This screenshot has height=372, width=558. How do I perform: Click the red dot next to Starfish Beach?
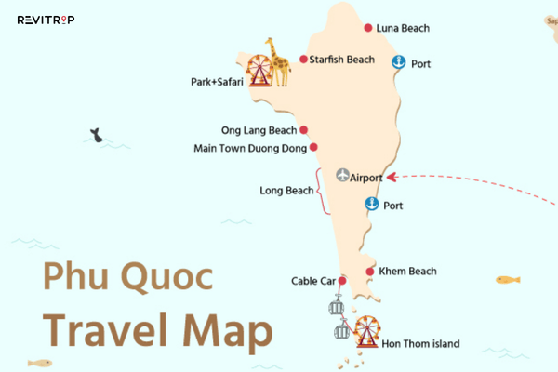304,60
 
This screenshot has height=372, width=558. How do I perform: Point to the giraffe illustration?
274,60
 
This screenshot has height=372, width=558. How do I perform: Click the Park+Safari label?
217,83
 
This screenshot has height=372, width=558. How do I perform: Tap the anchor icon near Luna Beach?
399,62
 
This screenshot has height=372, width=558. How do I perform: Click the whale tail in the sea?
95,135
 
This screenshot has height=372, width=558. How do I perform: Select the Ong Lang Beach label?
259,131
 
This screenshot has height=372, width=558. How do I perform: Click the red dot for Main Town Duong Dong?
313,147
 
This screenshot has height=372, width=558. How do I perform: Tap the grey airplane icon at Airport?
344,177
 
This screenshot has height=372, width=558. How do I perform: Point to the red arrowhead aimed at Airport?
392,177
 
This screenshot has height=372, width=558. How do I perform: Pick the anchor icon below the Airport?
372,204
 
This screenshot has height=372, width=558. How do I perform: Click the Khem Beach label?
407,272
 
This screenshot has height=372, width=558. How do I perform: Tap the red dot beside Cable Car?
342,281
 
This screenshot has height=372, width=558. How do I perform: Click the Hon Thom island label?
420,344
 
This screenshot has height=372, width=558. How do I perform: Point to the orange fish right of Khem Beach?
507,279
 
